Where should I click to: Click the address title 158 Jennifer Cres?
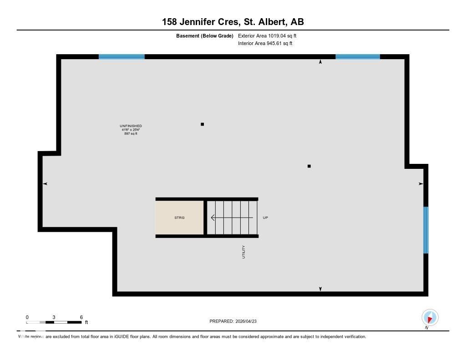pos(233,21)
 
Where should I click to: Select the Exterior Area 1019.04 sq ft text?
pos(267,35)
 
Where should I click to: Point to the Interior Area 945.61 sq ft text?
pos(265,44)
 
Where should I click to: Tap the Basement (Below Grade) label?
pos(204,35)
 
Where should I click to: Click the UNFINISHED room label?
pos(131,126)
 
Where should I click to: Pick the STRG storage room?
pos(179,218)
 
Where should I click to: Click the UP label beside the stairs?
pos(265,218)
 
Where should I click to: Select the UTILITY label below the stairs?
pos(243,252)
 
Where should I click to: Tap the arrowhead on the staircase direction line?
pos(213,218)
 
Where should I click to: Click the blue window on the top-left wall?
pos(122,57)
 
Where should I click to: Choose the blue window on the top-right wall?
pos(357,57)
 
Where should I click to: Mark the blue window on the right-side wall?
pos(426,230)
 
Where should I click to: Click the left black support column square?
pos(202,124)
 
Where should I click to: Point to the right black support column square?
pos(309,166)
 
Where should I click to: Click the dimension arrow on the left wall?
pos(45,183)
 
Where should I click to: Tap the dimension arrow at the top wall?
pos(320,62)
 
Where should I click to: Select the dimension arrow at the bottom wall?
pos(320,289)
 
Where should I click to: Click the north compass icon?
pos(430,317)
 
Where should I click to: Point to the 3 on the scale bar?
pos(54,317)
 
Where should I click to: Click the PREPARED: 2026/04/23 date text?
pos(236,321)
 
